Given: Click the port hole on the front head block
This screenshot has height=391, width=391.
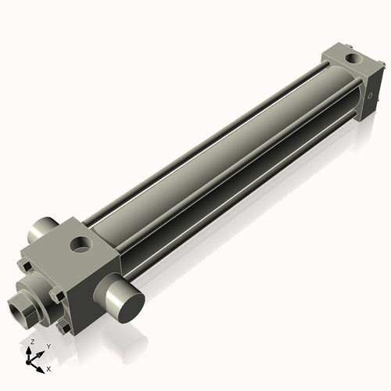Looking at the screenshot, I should click(81, 246).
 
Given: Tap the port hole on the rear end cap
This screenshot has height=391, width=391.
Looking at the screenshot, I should click(354, 59).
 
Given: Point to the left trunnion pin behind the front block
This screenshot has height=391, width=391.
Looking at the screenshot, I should click(39, 231).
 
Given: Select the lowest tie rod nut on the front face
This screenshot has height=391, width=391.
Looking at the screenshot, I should click(64, 327).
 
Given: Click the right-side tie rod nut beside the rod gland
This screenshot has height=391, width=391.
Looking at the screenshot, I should click(58, 296).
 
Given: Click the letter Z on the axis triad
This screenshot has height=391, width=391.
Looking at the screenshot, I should click(31, 343).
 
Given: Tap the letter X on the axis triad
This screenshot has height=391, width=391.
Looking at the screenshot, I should click(48, 368).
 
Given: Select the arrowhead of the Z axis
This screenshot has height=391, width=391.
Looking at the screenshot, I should click(30, 350).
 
